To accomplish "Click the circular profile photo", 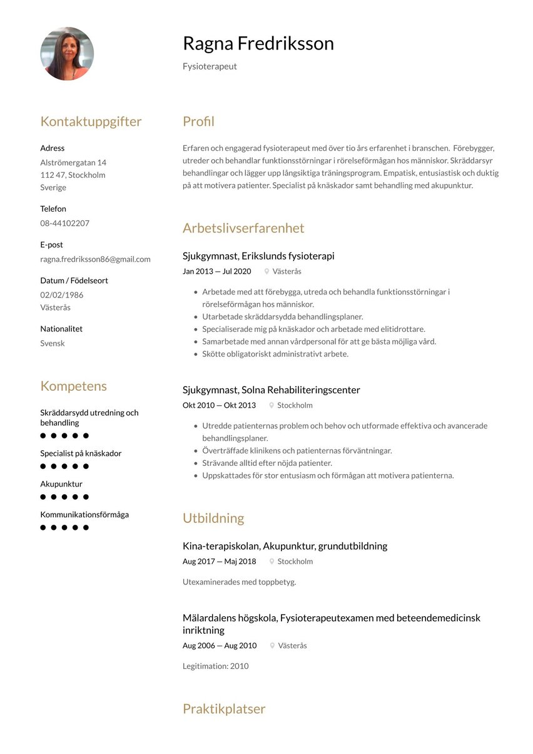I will (67, 54).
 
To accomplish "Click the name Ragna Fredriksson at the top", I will (258, 44).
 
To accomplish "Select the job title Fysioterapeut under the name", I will (210, 66).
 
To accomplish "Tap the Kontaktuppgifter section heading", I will (91, 121).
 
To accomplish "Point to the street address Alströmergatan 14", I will (73, 162).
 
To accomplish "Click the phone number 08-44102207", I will (64, 223).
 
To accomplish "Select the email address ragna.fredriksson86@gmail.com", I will (95, 259).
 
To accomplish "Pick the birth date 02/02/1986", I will (61, 295).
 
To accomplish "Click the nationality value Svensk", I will (53, 343).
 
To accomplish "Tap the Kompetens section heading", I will (73, 386).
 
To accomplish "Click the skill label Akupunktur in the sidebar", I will (61, 484).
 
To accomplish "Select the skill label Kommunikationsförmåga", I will (84, 515).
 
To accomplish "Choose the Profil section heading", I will (198, 121).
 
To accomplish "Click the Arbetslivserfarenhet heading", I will (243, 228).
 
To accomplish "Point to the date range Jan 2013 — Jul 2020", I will (216, 271).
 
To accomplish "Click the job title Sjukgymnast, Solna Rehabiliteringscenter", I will (271, 390).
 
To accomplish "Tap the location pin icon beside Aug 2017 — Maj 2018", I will (272, 562).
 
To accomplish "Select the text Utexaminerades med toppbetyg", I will (239, 582).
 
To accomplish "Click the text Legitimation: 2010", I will (215, 666).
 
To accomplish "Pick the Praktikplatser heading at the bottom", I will (224, 709).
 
